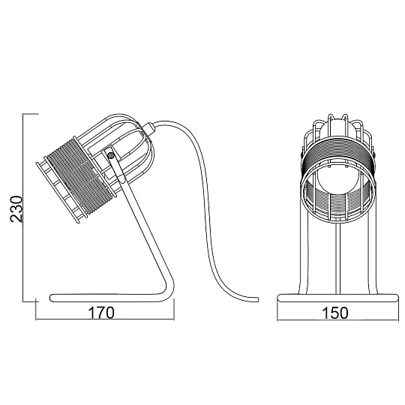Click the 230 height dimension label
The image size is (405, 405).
click(x=16, y=209)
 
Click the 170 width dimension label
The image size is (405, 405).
click(x=101, y=313)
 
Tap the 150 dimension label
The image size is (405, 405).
click(x=335, y=313)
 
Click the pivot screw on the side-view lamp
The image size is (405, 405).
click(x=111, y=155)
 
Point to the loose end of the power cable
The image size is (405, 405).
click(x=256, y=299)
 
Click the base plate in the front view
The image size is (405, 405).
click(x=337, y=298)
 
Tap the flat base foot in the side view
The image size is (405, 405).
click(x=109, y=298)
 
